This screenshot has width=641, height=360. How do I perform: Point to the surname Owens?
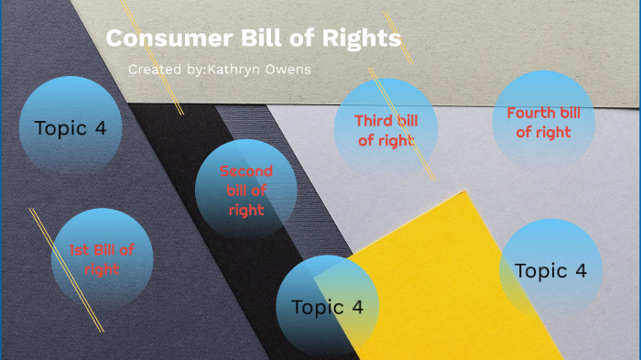tap(287, 70)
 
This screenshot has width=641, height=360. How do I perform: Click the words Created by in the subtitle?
tap(160, 70)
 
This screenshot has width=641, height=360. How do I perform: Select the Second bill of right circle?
tap(245, 191)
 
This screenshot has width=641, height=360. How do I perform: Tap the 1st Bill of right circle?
tap(103, 259)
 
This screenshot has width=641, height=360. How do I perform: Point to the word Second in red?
tap(245, 171)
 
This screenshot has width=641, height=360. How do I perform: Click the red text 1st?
tap(81, 250)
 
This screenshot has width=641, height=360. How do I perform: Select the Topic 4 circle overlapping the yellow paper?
tap(327, 307)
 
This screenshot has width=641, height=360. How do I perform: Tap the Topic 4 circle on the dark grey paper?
tap(71, 127)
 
